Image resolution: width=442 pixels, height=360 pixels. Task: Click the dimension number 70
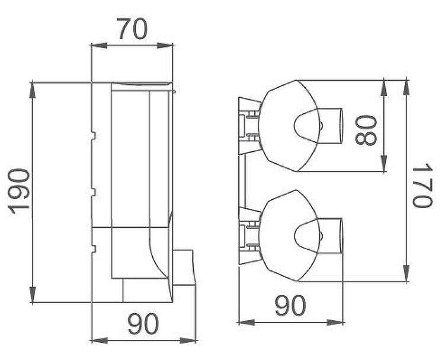click(133, 29)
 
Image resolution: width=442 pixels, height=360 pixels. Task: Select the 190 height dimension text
click(19, 192)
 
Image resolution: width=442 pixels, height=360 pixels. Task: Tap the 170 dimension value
click(422, 186)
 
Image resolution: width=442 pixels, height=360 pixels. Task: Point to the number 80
click(366, 130)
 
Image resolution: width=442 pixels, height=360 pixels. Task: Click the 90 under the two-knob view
click(290, 305)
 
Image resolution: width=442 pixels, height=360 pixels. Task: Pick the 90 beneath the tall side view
click(143, 324)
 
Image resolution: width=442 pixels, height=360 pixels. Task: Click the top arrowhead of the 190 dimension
click(33, 90)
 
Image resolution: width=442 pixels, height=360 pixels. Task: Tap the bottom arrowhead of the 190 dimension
click(33, 295)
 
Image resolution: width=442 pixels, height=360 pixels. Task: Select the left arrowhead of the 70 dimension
click(99, 46)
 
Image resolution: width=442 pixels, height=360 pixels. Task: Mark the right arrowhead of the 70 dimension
click(165, 46)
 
